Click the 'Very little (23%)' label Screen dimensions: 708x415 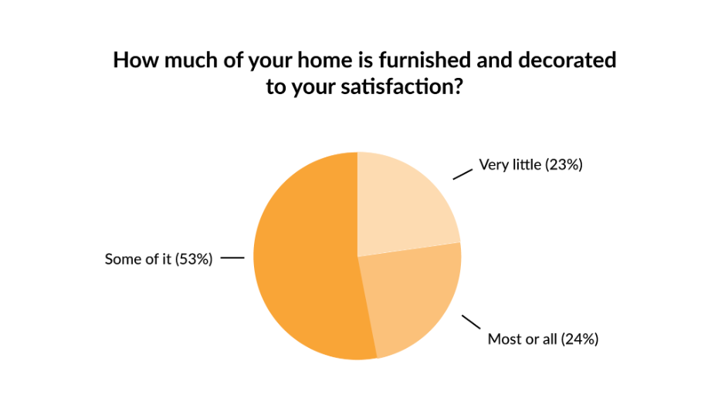(530, 165)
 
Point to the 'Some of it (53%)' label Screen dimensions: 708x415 (158, 259)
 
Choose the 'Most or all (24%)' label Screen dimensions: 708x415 (544, 339)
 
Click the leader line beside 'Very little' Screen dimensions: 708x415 (462, 174)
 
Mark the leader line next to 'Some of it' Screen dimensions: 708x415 (232, 258)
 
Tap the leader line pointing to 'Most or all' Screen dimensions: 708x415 (471, 322)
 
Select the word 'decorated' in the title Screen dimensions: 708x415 (567, 60)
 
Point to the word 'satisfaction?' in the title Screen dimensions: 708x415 (401, 86)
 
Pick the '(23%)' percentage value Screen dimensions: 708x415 (564, 165)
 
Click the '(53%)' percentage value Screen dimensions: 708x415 (194, 259)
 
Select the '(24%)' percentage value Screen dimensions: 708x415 (580, 339)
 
